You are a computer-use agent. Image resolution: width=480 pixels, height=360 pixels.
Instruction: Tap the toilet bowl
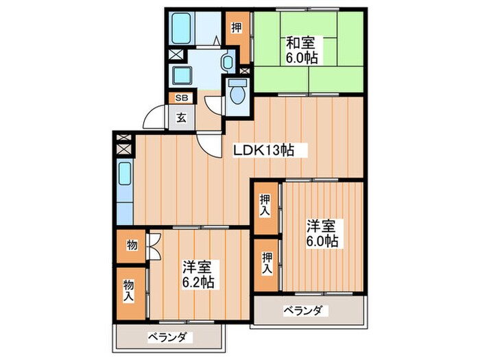(237, 92)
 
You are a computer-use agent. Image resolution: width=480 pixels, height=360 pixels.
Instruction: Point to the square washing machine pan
(184, 76)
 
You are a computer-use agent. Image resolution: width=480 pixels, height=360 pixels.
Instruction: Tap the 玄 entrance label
(181, 117)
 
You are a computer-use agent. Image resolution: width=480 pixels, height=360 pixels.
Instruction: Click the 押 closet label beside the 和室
(235, 29)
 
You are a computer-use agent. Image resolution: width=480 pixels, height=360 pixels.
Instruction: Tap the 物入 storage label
(128, 290)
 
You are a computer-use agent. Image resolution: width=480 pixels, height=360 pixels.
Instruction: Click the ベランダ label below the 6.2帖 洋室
(169, 337)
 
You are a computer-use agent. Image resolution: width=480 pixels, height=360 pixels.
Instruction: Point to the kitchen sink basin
(125, 177)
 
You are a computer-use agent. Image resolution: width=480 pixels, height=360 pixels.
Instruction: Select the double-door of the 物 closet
(154, 245)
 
